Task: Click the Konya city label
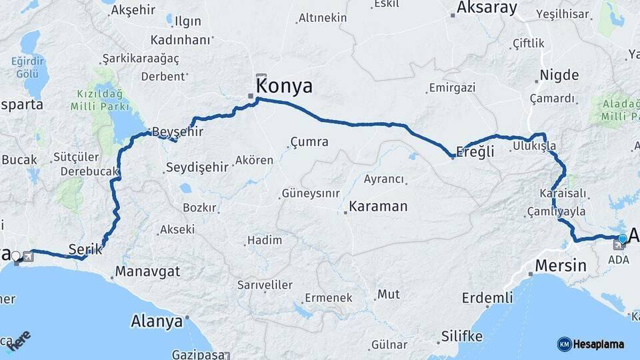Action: [284, 86]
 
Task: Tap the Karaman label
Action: [377, 206]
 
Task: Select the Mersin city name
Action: [561, 266]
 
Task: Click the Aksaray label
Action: [487, 8]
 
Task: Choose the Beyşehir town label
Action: [177, 131]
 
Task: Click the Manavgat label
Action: [148, 272]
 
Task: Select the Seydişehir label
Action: [197, 167]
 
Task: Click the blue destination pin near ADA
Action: [623, 239]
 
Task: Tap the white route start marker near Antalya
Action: [16, 256]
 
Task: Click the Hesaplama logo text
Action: [599, 344]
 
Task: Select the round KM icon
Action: [564, 344]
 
